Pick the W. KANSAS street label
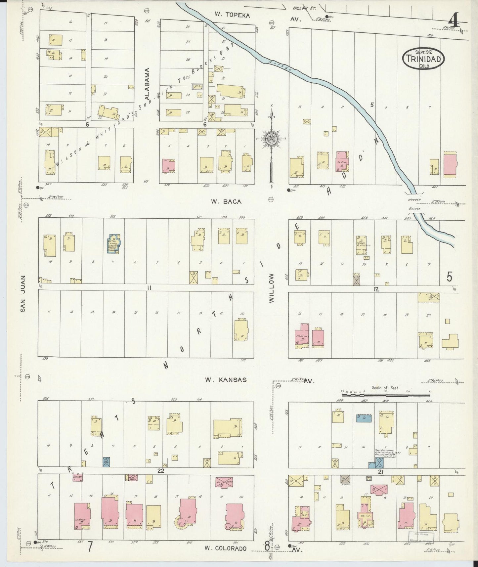(x=225, y=380)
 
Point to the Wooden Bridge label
(x=414, y=204)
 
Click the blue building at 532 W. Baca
(x=113, y=243)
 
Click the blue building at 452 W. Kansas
(x=364, y=418)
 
